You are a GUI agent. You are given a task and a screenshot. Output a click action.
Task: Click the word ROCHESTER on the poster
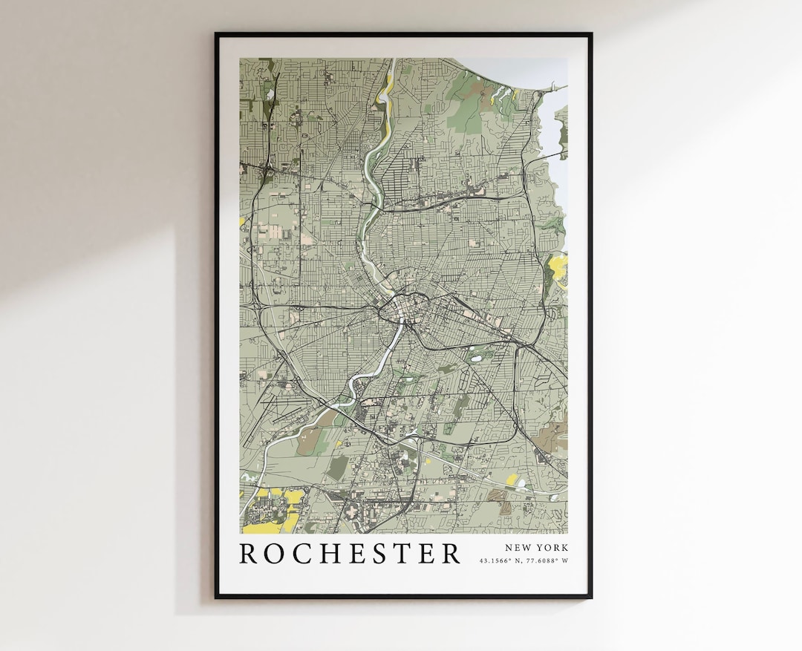[x=350, y=554]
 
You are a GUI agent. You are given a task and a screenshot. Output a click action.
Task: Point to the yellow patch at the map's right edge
[x=558, y=265]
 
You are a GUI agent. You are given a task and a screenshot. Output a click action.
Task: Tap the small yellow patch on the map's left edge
[x=242, y=221]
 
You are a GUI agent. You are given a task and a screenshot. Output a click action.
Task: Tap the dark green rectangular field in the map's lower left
[x=337, y=467]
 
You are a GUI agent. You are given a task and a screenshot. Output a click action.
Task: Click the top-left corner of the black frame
[x=216, y=34]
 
